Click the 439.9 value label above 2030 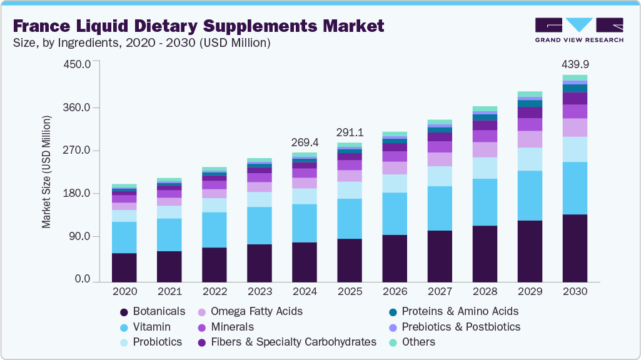(575, 64)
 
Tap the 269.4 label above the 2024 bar (305, 142)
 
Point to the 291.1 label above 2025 (350, 133)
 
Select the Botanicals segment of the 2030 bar (575, 248)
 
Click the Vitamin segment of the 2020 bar (124, 237)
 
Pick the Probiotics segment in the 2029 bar (530, 159)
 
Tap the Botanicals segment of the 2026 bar (395, 258)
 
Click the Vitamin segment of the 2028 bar (485, 202)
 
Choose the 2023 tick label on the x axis (260, 291)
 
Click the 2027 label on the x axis (440, 291)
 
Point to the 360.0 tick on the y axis (79, 108)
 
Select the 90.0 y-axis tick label (81, 237)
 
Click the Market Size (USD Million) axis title (47, 172)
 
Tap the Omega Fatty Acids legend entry (256, 311)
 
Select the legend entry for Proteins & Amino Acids (460, 311)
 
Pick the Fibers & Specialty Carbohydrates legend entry (293, 342)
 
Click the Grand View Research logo (578, 29)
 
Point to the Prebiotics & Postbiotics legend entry (461, 327)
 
